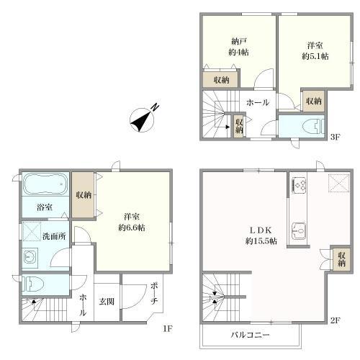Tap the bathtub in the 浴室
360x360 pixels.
[x=45, y=184]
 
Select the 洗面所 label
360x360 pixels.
[x=54, y=236]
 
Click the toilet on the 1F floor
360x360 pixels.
[x=34, y=284]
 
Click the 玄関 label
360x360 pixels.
[x=107, y=302]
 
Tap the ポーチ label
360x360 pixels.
[x=154, y=294]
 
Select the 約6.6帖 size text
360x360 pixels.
[x=132, y=228]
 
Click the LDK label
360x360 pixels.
[x=261, y=230]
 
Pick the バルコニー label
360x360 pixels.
[x=250, y=335]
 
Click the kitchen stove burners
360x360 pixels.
[x=299, y=184]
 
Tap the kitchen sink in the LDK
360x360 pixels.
[x=299, y=231]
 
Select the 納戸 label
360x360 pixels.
[x=239, y=42]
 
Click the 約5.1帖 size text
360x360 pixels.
[x=315, y=56]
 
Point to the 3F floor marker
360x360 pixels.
[x=335, y=137]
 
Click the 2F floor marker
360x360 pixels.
[x=335, y=320]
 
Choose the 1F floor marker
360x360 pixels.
[x=167, y=328]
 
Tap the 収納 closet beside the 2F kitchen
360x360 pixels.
[x=341, y=259]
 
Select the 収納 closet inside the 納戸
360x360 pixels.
[x=221, y=79]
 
